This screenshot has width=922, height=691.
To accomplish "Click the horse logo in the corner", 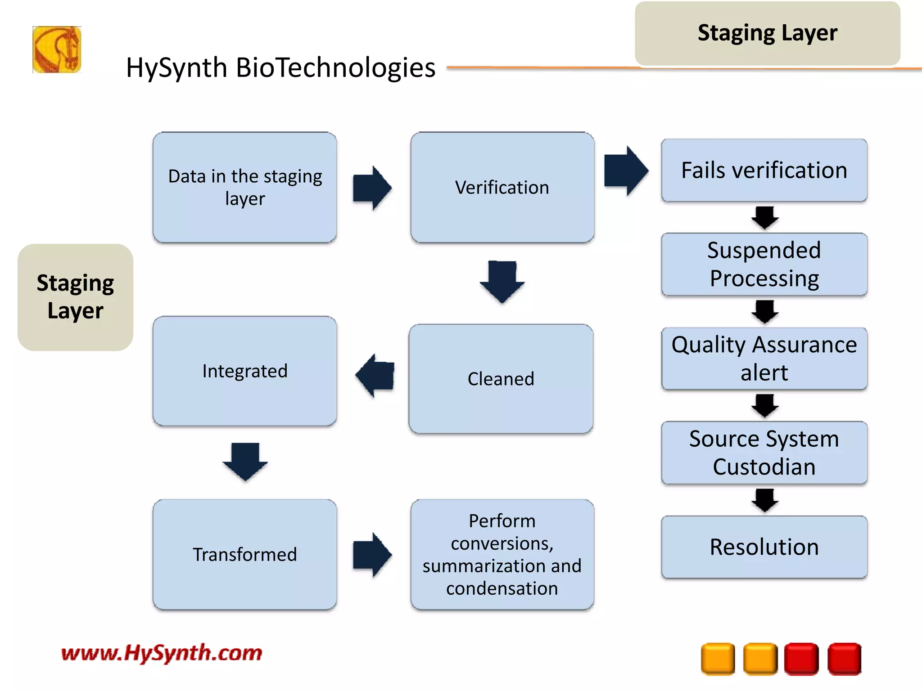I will tap(57, 49).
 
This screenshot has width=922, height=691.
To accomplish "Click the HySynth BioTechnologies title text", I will tap(280, 67).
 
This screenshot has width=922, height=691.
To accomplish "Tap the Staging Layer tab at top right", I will tap(767, 33).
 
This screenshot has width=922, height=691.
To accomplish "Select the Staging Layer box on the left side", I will tap(75, 297).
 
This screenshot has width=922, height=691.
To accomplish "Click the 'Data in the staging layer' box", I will tap(244, 187).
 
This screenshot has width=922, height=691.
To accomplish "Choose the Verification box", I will tap(502, 187).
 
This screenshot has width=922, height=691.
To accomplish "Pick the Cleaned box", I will tap(501, 379).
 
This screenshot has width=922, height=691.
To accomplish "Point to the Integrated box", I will tap(244, 371).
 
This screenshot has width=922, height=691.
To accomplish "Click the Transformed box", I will tap(244, 554).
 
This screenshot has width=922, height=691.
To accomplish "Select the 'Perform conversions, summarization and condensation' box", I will tap(502, 554).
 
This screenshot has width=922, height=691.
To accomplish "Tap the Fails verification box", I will tap(764, 171).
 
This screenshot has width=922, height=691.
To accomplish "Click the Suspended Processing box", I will tap(764, 264).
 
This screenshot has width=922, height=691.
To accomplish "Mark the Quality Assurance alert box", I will tap(764, 359).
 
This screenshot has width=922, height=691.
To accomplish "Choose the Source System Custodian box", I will tap(764, 453).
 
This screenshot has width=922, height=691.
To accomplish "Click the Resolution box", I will tap(764, 547).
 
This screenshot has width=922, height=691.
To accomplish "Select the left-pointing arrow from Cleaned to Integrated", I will tap(375, 375).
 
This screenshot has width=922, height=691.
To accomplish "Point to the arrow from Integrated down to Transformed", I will tap(245, 461).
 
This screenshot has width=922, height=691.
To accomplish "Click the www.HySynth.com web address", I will tap(162, 653).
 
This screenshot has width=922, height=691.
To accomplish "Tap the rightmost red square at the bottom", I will tap(844, 659).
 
